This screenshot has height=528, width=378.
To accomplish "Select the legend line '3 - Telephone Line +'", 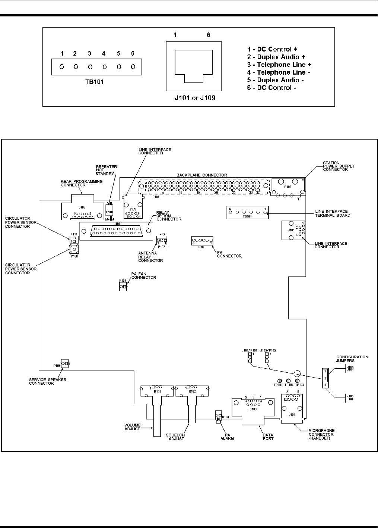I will tap(279, 65).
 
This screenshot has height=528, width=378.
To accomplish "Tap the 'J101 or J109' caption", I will tap(193, 99).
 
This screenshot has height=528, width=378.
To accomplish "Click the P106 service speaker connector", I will tap(64, 363).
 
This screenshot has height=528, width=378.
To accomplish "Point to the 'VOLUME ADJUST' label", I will tap(133, 427).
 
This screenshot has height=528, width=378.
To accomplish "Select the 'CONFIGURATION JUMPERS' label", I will tap(352, 359).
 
